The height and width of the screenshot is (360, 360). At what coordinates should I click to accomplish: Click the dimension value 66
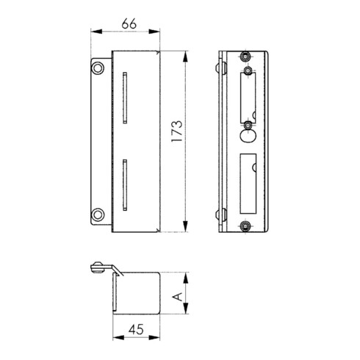click(x=129, y=24)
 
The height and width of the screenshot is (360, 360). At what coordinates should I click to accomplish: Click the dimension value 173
click(x=177, y=131)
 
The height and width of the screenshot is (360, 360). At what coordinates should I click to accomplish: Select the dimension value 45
click(x=136, y=329)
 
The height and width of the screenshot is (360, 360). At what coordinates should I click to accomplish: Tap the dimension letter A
click(x=178, y=297)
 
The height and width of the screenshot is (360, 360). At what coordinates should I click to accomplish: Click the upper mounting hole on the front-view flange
click(x=98, y=68)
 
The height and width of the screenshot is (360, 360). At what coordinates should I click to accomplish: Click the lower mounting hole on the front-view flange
click(x=98, y=215)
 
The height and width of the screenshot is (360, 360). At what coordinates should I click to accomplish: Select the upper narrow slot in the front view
click(x=125, y=98)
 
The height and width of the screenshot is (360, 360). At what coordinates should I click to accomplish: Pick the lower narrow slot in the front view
click(x=125, y=185)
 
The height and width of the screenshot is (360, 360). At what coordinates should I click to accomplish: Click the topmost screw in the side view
click(x=245, y=57)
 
